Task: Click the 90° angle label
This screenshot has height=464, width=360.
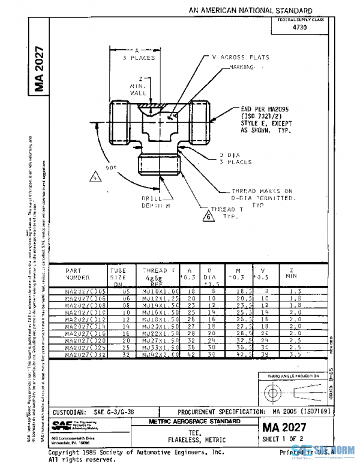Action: [x=112, y=169]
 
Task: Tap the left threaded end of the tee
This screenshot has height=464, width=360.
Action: [x=120, y=121]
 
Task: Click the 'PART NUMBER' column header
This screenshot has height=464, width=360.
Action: [x=78, y=274]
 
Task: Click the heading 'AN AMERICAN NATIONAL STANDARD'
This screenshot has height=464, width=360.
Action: [x=250, y=10]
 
